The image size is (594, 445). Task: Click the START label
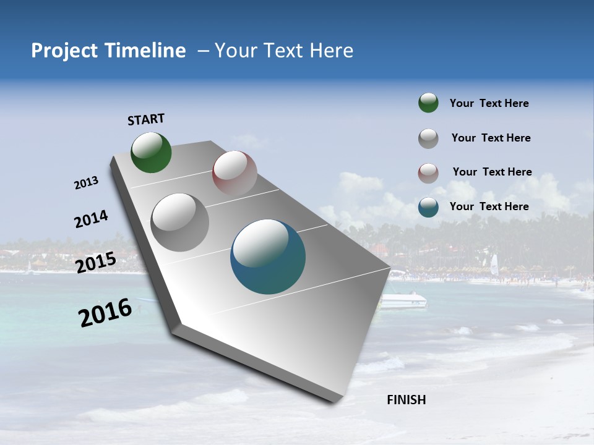coord(146,119)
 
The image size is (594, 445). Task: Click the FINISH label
coord(406,400)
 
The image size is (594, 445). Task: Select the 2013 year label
coord(86,183)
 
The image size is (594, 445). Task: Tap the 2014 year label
coord(91,219)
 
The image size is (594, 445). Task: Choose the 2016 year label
coord(105,313)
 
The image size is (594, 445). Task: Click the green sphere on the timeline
coord(151,153)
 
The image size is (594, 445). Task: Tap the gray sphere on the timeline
coord(179,222)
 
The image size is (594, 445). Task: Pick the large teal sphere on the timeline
coord(268,256)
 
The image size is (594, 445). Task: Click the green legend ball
coord(428,103)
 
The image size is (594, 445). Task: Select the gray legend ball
coord(428,138)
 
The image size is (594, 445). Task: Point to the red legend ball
coord(428,172)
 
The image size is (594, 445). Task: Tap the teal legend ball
coord(428,207)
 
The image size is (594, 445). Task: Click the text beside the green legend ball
coord(489,104)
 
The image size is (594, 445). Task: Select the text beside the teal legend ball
coord(489,206)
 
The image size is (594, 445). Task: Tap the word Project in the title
coord(64,51)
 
